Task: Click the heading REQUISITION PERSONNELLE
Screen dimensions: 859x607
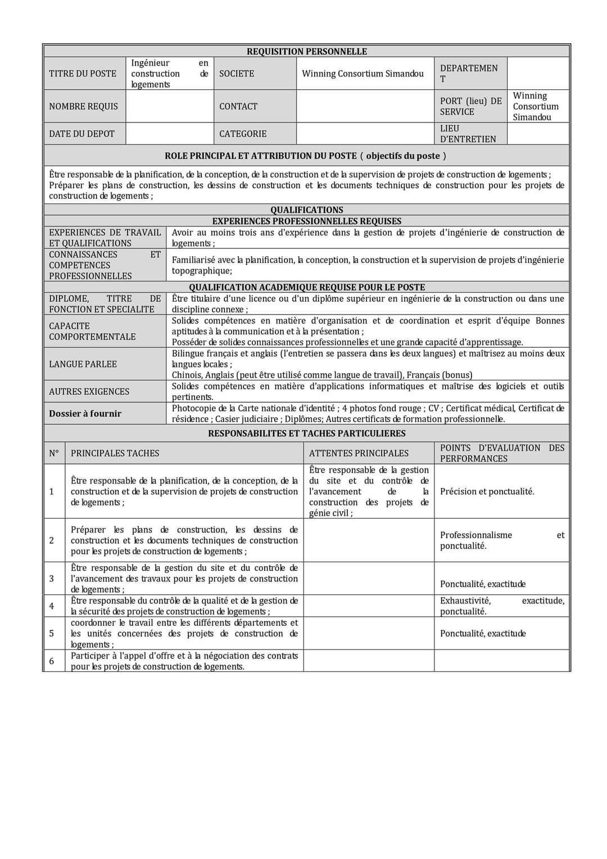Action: click(306, 52)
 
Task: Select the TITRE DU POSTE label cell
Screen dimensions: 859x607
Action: click(83, 74)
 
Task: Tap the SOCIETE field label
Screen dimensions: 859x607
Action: click(237, 74)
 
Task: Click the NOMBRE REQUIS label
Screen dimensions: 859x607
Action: click(83, 106)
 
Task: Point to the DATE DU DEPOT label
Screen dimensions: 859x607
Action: click(81, 134)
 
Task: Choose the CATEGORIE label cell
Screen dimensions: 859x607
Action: click(243, 134)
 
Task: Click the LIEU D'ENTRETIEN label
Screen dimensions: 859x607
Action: click(468, 134)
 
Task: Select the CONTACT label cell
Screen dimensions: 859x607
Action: click(238, 106)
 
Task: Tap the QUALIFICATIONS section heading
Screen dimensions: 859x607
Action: click(306, 210)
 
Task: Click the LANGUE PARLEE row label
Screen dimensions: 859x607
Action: click(83, 364)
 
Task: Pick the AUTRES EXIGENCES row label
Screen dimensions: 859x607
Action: click(89, 392)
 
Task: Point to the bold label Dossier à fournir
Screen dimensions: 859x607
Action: click(85, 413)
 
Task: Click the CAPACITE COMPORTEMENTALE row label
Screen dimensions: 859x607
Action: click(92, 331)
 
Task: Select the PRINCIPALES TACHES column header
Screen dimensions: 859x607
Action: click(115, 453)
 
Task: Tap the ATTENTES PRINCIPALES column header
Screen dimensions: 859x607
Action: click(359, 453)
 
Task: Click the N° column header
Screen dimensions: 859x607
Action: click(54, 453)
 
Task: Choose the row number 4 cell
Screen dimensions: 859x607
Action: click(52, 606)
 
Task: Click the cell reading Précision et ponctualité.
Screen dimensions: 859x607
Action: click(487, 492)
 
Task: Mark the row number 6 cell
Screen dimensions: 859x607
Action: click(52, 661)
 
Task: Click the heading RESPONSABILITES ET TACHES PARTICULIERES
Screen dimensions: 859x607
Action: click(306, 434)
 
